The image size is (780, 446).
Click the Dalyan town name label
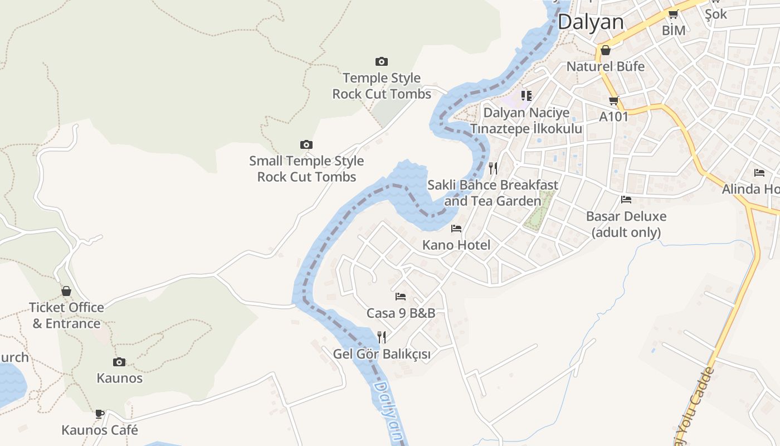click(591, 22)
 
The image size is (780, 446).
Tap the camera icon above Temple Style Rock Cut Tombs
click(382, 61)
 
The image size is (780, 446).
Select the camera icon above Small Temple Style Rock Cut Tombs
click(306, 145)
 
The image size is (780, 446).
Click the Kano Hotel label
click(456, 245)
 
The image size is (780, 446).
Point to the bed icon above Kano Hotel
click(456, 229)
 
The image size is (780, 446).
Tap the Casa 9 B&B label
click(401, 313)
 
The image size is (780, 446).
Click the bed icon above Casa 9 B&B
click(400, 297)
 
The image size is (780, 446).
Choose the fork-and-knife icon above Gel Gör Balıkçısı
click(382, 337)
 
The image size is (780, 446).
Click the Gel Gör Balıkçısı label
click(382, 354)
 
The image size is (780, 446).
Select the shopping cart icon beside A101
click(613, 101)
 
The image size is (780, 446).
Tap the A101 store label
click(613, 117)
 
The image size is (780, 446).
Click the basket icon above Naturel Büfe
click(606, 50)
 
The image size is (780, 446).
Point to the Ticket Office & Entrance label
click(66, 316)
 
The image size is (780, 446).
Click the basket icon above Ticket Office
click(66, 291)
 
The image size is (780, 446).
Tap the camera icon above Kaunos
click(119, 362)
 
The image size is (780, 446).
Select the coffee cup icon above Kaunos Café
click(100, 414)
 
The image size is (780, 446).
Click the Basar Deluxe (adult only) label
click(626, 224)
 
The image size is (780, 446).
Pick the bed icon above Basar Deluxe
click(626, 200)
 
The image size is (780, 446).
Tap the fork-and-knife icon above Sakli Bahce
click(493, 168)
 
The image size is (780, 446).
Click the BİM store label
click(673, 31)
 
